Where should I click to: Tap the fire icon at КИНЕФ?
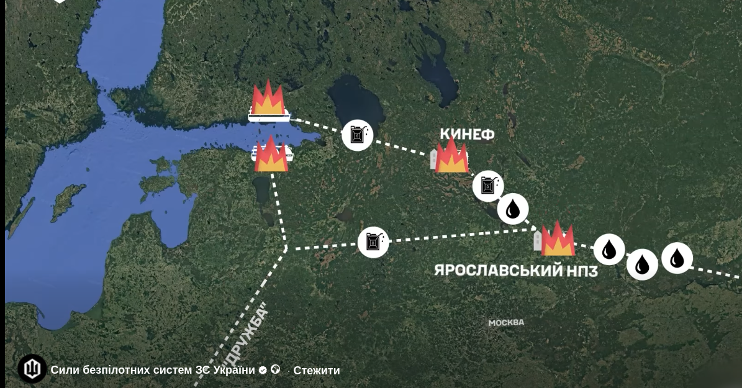[451, 156]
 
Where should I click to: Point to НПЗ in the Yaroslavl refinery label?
[582, 271]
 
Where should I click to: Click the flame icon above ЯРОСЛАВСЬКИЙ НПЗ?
[557, 240]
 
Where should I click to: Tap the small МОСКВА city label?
[505, 323]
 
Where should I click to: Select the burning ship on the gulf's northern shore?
[268, 102]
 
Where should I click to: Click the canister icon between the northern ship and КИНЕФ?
[358, 134]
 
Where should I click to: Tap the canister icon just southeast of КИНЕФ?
[488, 186]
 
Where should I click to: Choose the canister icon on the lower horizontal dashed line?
[374, 242]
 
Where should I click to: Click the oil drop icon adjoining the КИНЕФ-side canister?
[513, 209]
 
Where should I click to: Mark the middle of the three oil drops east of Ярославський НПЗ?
[642, 264]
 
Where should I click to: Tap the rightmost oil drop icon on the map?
[677, 258]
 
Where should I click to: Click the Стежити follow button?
[317, 371]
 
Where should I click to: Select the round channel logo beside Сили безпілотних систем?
[32, 369]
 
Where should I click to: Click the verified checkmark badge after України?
[263, 370]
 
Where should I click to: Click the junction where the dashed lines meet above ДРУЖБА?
[286, 248]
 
